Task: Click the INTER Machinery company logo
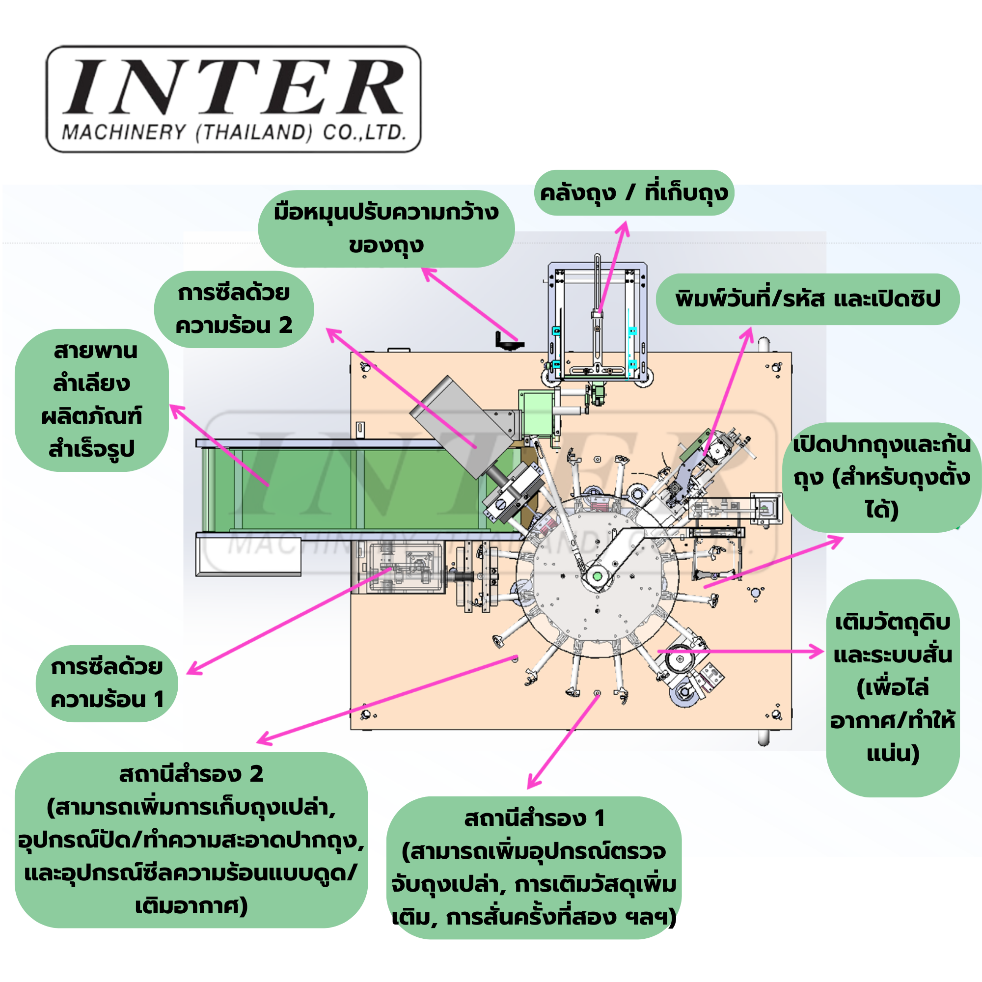click(x=234, y=99)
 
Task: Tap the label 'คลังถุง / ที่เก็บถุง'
click(x=634, y=193)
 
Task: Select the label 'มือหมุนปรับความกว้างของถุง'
click(x=386, y=229)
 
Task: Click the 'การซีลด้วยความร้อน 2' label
click(x=234, y=309)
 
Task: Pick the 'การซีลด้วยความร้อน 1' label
click(x=107, y=683)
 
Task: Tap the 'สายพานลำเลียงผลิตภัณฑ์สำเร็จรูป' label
click(x=92, y=400)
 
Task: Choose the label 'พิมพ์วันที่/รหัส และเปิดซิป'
click(x=808, y=299)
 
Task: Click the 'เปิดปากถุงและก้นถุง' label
click(x=882, y=477)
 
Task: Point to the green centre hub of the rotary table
click(x=597, y=576)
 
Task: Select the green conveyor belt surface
click(x=326, y=488)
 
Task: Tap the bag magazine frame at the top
click(x=597, y=320)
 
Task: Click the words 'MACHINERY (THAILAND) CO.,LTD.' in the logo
click(x=234, y=133)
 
